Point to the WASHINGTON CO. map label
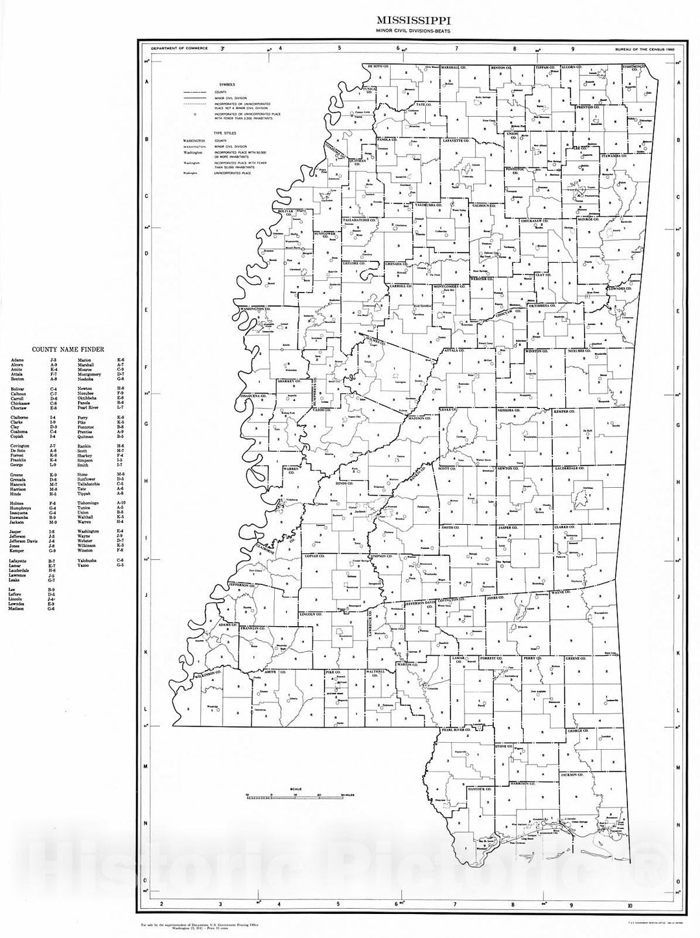[254, 309]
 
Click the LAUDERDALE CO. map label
[571, 468]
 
